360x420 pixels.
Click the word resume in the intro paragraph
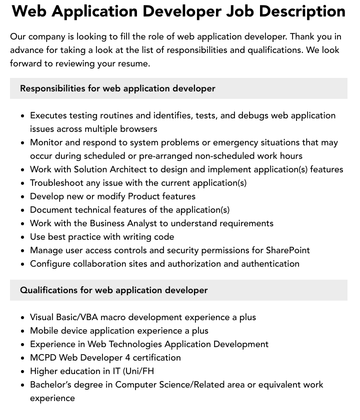[x=133, y=63]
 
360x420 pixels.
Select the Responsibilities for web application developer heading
[x=117, y=88]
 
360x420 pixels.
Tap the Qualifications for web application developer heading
[x=113, y=290]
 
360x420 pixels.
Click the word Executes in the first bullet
[x=48, y=115]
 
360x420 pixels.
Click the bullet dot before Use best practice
[x=23, y=237]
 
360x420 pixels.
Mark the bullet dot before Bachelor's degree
[x=23, y=385]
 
